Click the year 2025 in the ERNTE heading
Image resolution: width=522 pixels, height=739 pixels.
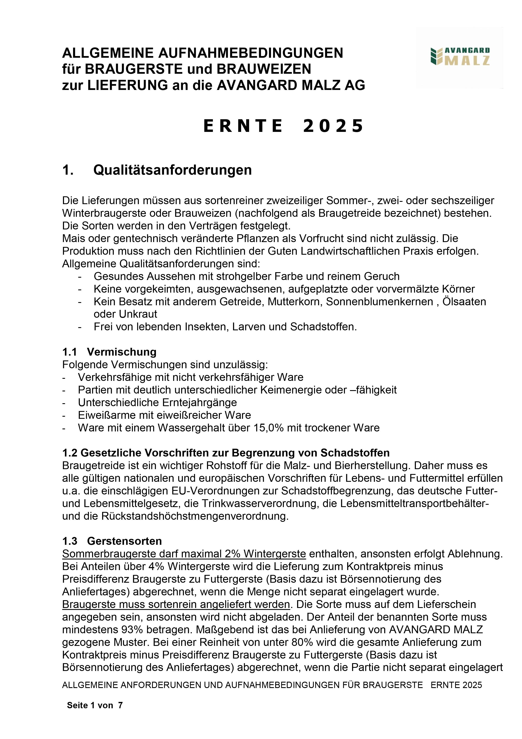(x=333, y=126)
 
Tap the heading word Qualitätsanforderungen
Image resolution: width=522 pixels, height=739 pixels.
(x=172, y=170)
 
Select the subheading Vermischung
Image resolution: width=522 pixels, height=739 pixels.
(x=121, y=352)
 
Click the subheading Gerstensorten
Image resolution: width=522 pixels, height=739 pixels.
(x=124, y=541)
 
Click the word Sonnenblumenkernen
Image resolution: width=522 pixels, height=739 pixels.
(x=379, y=302)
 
